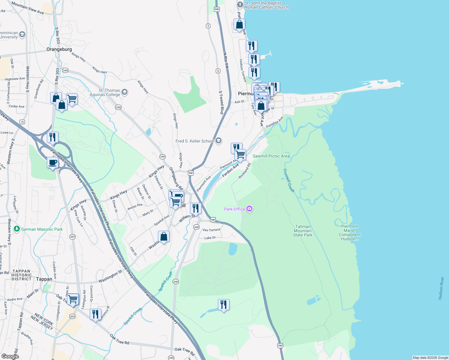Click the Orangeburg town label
[x=59, y=49]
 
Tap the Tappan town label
[x=44, y=279]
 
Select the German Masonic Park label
[x=42, y=229]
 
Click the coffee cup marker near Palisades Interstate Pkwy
[x=53, y=163]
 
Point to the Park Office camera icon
[x=249, y=209]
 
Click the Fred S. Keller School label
[x=195, y=141]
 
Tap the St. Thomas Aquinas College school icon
[x=125, y=92]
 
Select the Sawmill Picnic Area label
[x=271, y=156]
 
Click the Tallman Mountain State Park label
[x=303, y=231]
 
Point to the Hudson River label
[x=441, y=288]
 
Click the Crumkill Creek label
[x=289, y=180]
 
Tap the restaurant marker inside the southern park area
[x=224, y=305]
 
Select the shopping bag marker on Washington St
[x=164, y=236]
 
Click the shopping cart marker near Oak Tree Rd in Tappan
[x=73, y=299]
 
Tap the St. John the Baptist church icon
[x=240, y=5]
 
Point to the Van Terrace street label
[x=211, y=230]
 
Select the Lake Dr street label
[x=210, y=238]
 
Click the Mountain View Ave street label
[x=28, y=8]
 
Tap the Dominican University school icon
[x=22, y=35]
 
